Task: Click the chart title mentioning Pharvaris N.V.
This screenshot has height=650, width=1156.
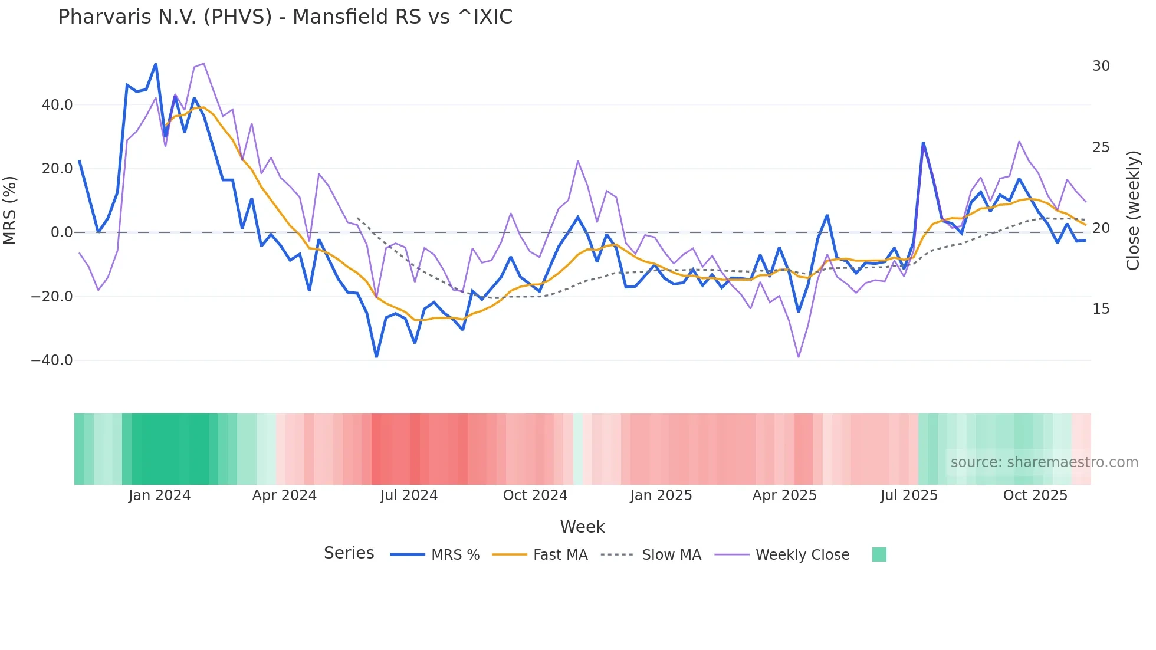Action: [x=285, y=17]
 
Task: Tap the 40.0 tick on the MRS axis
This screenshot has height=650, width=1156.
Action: [x=57, y=105]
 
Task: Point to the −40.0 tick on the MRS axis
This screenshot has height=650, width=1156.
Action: [x=52, y=360]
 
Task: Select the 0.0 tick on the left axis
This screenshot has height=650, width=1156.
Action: [x=61, y=232]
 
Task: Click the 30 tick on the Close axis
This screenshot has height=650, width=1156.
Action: [x=1101, y=66]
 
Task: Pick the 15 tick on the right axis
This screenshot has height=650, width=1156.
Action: [x=1101, y=309]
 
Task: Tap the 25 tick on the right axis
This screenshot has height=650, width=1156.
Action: [x=1101, y=147]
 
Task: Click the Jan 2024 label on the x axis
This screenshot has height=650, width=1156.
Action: [x=159, y=495]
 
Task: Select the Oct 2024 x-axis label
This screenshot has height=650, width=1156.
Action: [x=535, y=495]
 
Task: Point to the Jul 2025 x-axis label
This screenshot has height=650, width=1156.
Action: [x=909, y=495]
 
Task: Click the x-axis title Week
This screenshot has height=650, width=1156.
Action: [x=582, y=527]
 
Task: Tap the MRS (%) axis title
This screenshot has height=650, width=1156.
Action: [x=10, y=210]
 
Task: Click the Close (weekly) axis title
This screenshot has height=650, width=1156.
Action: [x=1133, y=211]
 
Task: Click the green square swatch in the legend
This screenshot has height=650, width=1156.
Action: [x=879, y=554]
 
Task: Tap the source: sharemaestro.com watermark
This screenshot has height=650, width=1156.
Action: [x=1044, y=462]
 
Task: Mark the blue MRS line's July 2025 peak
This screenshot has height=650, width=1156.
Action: [x=923, y=143]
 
